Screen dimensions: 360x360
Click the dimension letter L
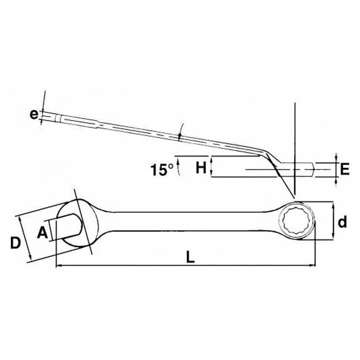[x=191, y=257]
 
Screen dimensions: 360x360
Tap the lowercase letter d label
[x=343, y=221]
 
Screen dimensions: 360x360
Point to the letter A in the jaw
[x=42, y=232]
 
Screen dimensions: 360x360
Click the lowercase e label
[x=33, y=115]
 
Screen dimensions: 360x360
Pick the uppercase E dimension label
[x=344, y=169]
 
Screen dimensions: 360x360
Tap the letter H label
[x=201, y=168]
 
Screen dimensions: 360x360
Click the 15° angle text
[x=162, y=170]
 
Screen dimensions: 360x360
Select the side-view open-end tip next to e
[x=51, y=116]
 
